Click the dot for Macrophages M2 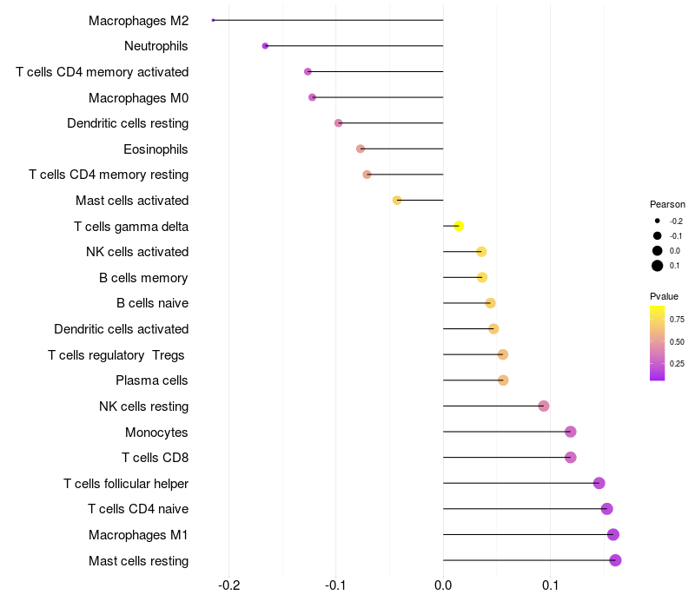pyautogui.click(x=213, y=20)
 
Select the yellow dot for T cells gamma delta pyautogui.click(x=459, y=226)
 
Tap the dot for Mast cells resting pyautogui.click(x=615, y=560)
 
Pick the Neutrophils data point pyautogui.click(x=265, y=46)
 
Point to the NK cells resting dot pyautogui.click(x=544, y=406)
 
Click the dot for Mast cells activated pyautogui.click(x=397, y=200)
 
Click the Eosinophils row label pyautogui.click(x=156, y=149)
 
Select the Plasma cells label pyautogui.click(x=152, y=380)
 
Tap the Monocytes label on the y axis pyautogui.click(x=156, y=432)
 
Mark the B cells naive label pyautogui.click(x=152, y=303)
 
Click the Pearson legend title pyautogui.click(x=667, y=204)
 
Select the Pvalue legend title pyautogui.click(x=665, y=297)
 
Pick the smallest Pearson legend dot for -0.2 pyautogui.click(x=658, y=221)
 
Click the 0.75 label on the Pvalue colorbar pyautogui.click(x=677, y=319)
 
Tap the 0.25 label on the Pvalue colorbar pyautogui.click(x=677, y=364)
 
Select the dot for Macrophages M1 pyautogui.click(x=613, y=534)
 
